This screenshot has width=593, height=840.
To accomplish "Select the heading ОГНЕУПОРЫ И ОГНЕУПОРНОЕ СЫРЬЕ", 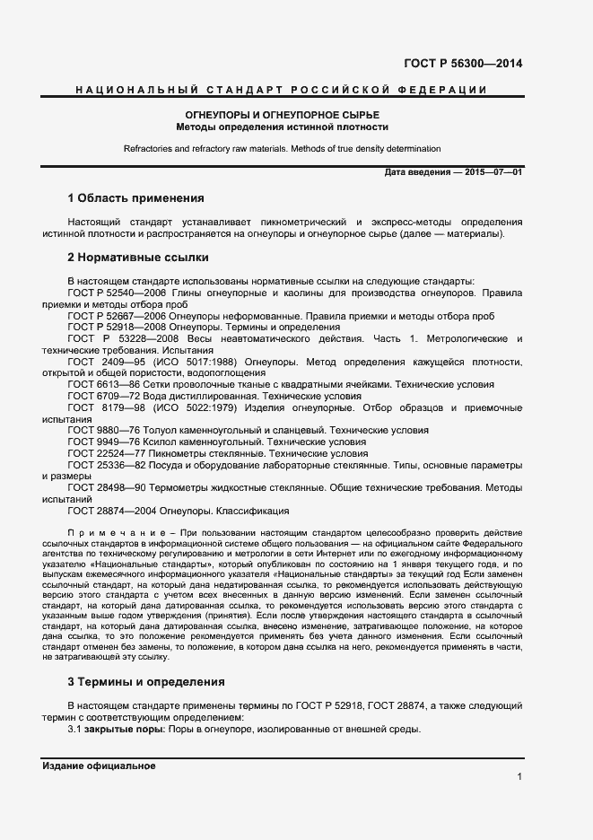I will [282, 116].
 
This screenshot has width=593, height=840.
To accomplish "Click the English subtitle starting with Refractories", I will [283, 148].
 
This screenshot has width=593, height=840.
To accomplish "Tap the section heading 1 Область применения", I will [136, 197].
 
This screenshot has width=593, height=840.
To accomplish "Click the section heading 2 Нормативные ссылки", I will [138, 258].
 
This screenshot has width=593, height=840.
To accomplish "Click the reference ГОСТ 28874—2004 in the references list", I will [116, 511].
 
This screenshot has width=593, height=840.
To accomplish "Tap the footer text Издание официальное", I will [99, 766].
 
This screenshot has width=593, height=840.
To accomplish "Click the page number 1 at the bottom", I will [519, 777].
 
